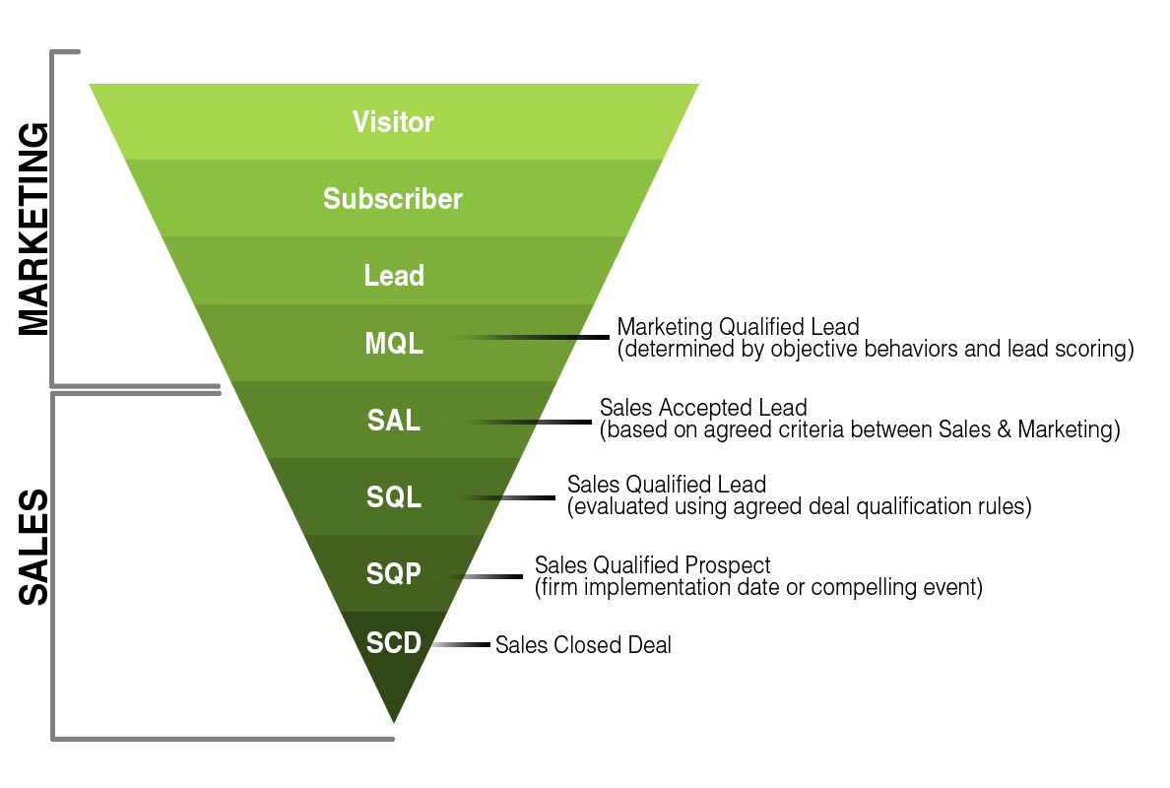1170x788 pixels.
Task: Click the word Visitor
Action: (x=393, y=122)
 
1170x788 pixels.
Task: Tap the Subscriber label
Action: (x=393, y=199)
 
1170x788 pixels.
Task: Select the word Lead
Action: (x=394, y=276)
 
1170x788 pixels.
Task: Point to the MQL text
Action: (x=394, y=344)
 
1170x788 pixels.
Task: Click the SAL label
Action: (x=394, y=421)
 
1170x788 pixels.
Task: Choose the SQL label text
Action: (x=394, y=497)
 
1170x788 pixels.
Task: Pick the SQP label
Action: (x=394, y=573)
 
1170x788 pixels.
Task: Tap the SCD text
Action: (x=394, y=643)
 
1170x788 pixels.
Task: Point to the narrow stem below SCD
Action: (x=394, y=694)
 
